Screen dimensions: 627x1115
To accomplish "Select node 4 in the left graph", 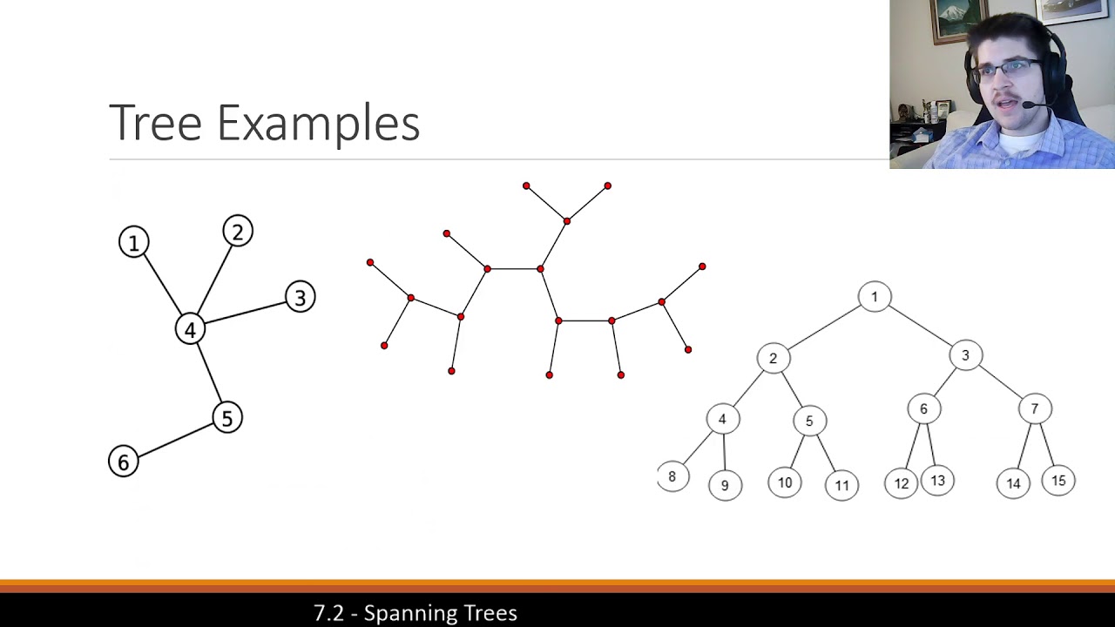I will [190, 329].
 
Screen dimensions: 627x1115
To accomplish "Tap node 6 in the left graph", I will [123, 462].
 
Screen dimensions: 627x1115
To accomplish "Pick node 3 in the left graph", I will [301, 298].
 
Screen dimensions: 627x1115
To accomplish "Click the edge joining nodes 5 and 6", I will [175, 440].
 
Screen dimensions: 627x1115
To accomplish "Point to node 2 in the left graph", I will [237, 232].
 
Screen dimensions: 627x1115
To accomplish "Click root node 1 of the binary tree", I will [875, 297].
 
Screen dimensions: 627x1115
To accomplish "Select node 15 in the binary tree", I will [1058, 481].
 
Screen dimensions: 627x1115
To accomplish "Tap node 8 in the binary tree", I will [672, 476].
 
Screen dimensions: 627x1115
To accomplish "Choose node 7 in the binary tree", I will [1035, 408].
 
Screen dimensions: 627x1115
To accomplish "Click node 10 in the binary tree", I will [785, 482].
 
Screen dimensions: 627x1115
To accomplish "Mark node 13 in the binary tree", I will [937, 481].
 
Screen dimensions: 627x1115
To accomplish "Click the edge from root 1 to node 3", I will [921, 327].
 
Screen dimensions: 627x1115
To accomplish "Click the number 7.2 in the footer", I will [328, 613].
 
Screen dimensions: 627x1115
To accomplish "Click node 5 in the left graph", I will [226, 418].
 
